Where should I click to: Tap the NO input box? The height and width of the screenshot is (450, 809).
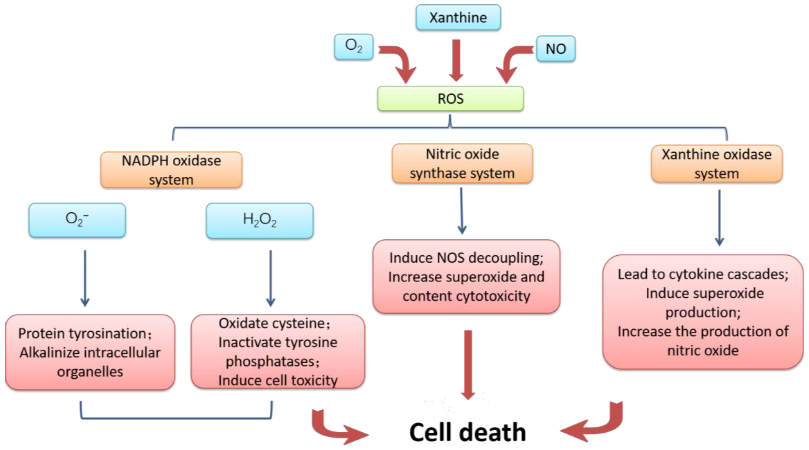tap(556, 49)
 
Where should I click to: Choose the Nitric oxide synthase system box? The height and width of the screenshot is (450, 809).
tap(462, 163)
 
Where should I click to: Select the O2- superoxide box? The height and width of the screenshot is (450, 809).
tap(77, 220)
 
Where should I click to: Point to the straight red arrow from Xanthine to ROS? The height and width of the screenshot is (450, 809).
tap(456, 60)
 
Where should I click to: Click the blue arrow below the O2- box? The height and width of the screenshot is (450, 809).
tap(85, 277)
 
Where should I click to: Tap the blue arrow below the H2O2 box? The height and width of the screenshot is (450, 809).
tap(270, 277)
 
